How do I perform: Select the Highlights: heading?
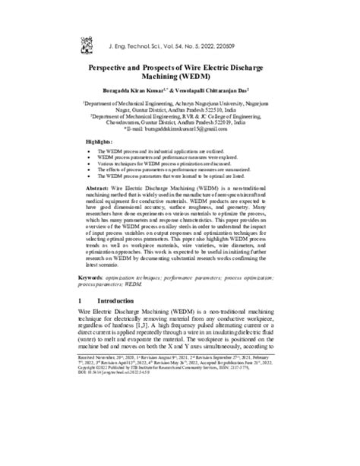point(99,143)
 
